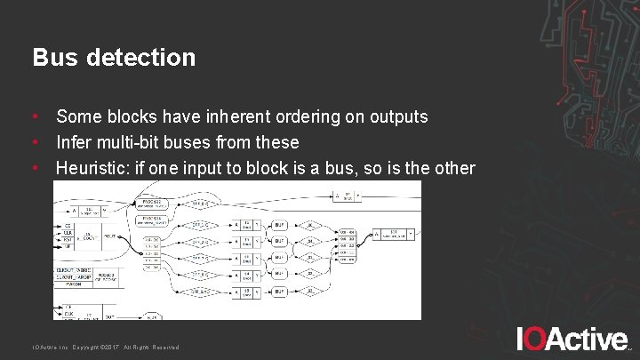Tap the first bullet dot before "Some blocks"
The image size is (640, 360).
coord(36,116)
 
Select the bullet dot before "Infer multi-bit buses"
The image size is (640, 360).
coord(36,142)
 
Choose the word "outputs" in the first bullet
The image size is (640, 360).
coord(396,116)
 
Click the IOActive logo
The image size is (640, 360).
coord(572,338)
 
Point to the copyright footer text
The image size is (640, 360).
coord(106,347)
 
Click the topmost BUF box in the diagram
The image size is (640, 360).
coord(278,225)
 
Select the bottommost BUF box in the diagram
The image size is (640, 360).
coord(278,291)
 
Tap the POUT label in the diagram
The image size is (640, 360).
coord(110,236)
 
